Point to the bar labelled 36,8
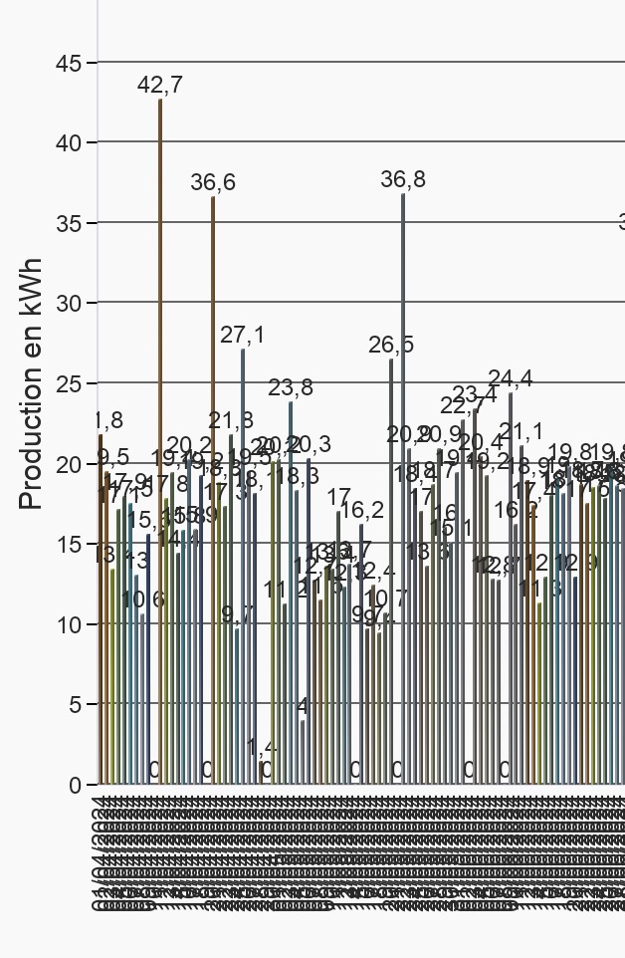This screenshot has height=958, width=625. point(403,489)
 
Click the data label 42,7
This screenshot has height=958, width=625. point(160,86)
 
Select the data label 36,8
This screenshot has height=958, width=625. point(403,180)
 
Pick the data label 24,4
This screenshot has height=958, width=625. point(511,378)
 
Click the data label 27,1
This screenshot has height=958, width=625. point(243,336)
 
